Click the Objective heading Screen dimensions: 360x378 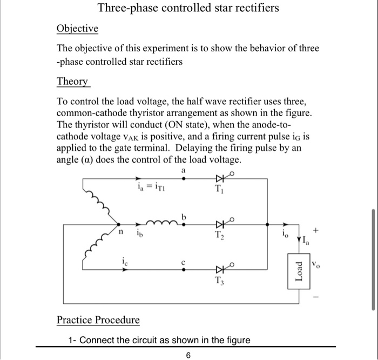(78, 29)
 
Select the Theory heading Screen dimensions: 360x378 (72, 82)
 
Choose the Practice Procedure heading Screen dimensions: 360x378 (98, 320)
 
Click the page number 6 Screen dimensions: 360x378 (188, 355)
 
